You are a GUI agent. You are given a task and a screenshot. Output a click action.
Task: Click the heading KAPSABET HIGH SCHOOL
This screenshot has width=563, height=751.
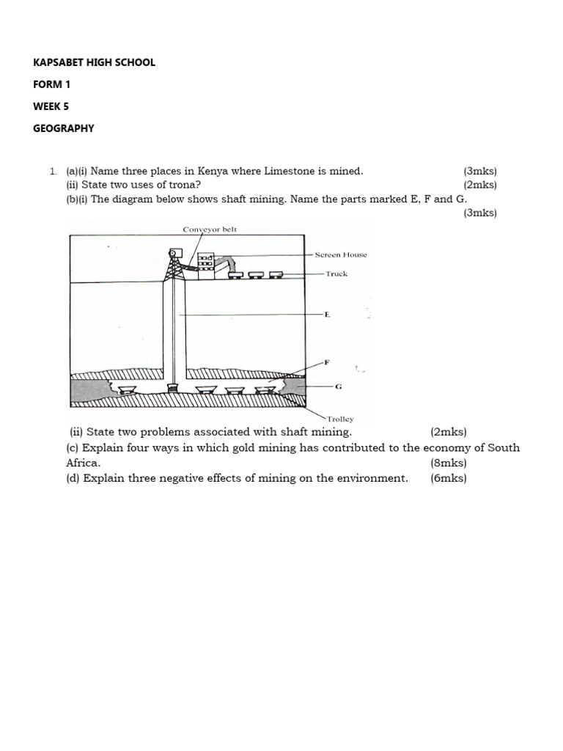[x=94, y=62]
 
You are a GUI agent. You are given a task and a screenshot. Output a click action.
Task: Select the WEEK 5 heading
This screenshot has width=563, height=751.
[x=51, y=106]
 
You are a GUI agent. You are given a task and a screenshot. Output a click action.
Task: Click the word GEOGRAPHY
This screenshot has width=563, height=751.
[x=64, y=128]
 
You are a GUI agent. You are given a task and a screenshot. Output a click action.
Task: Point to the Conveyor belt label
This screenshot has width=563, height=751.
[x=210, y=230]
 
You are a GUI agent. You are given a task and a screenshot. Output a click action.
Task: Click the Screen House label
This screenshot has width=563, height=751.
[x=341, y=255]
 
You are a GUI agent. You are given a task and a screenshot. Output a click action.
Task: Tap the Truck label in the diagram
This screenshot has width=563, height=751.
[x=336, y=274]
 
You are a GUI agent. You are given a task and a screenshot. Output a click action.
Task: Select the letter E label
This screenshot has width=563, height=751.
[x=327, y=315]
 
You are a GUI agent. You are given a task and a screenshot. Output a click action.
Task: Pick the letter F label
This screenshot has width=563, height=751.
[x=327, y=362]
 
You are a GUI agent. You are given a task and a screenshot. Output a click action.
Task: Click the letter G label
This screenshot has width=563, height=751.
[x=338, y=386]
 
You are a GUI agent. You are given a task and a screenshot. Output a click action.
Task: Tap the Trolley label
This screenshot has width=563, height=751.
[x=339, y=420]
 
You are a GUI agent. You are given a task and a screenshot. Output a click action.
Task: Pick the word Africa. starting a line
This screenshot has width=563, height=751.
[x=83, y=464]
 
